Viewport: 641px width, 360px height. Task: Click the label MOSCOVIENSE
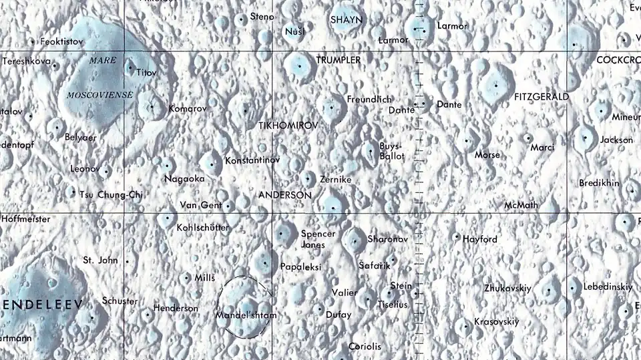pyautogui.click(x=99, y=96)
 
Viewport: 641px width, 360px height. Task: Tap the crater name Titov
pyautogui.click(x=146, y=71)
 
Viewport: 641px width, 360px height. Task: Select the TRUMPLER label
pyautogui.click(x=338, y=60)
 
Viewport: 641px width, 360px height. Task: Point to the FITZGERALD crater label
pyautogui.click(x=542, y=97)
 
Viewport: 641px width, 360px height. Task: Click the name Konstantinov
pyautogui.click(x=252, y=161)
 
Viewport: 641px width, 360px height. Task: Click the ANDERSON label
pyautogui.click(x=284, y=195)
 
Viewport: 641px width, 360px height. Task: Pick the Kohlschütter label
pyautogui.click(x=202, y=228)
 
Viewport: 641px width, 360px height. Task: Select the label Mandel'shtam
pyautogui.click(x=246, y=314)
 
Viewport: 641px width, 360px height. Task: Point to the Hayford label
pyautogui.click(x=480, y=239)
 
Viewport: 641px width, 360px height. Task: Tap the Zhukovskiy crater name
pyautogui.click(x=507, y=289)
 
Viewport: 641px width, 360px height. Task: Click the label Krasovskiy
pyautogui.click(x=496, y=322)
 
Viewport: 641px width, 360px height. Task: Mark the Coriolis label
pyautogui.click(x=365, y=346)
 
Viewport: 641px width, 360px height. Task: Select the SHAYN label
pyautogui.click(x=347, y=20)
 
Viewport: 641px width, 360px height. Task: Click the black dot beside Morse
pyautogui.click(x=467, y=141)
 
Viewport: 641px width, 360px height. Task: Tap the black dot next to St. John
pyautogui.click(x=127, y=260)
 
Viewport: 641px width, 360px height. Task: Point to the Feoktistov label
pyautogui.click(x=61, y=41)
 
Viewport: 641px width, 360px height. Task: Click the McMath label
pyautogui.click(x=521, y=205)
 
